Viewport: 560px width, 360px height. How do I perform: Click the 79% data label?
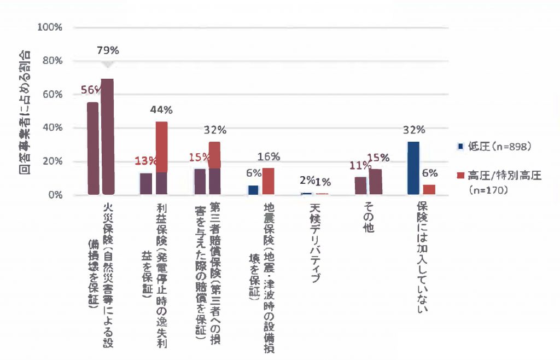tap(108, 51)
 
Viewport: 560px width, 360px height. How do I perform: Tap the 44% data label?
tap(161, 110)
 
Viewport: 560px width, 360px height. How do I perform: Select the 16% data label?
tap(269, 156)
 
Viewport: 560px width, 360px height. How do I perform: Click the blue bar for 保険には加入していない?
tap(413, 167)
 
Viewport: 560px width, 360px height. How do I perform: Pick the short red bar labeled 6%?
tap(430, 189)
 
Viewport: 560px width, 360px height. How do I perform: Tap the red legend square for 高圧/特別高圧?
tap(460, 176)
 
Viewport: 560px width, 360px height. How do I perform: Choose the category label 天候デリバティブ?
tap(315, 242)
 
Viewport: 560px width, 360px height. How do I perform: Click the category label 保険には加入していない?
tap(422, 258)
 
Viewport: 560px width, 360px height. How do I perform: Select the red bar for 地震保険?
tap(269, 181)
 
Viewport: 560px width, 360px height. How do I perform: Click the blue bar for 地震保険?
tap(253, 190)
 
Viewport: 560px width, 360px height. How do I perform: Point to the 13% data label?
tap(144, 161)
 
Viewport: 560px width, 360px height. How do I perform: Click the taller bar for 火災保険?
tap(108, 136)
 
